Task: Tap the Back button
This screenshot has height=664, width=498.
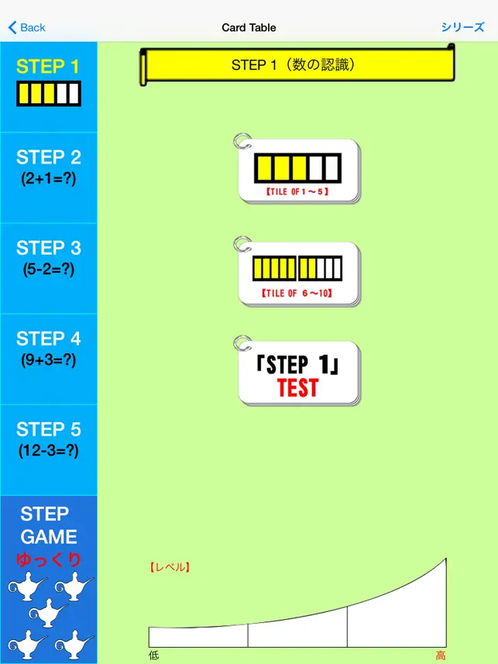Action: (26, 28)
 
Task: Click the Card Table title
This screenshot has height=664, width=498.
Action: (249, 28)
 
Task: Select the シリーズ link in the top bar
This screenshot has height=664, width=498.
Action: (462, 27)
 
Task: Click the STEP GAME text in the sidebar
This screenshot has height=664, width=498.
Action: (49, 525)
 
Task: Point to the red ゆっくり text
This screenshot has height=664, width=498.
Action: (49, 560)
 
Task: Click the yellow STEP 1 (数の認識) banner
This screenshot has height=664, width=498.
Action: (297, 65)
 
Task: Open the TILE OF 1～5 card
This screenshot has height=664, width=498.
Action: (298, 171)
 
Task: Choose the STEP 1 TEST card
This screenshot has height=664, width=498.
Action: (298, 373)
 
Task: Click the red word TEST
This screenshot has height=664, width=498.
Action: (297, 388)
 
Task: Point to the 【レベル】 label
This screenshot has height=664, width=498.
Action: (170, 567)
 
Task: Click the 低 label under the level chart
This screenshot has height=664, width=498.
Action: (153, 655)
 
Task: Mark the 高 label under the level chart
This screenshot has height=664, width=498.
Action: (441, 655)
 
